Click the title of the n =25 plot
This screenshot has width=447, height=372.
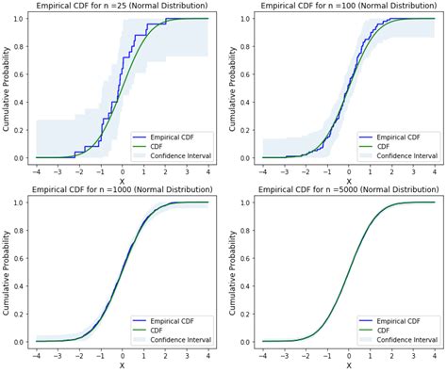click(x=121, y=7)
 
